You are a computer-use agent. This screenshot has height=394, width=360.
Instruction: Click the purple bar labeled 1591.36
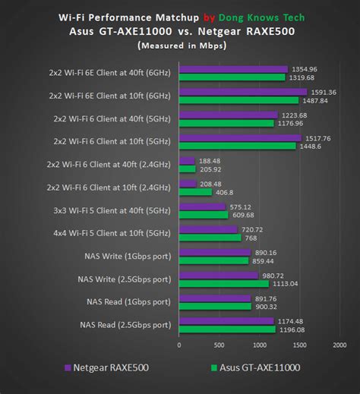click(x=243, y=92)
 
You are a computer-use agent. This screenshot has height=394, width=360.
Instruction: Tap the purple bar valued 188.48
click(x=187, y=161)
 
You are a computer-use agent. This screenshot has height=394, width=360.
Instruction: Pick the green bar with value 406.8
click(x=195, y=192)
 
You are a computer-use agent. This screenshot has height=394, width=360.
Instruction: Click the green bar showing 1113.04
click(x=223, y=283)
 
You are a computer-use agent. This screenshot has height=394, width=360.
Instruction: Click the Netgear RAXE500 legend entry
click(x=106, y=367)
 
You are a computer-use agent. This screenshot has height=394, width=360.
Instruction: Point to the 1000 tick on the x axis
click(x=260, y=345)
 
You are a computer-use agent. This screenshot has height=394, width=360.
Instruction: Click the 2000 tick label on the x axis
click(x=339, y=345)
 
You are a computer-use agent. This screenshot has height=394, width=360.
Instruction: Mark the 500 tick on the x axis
click(x=219, y=345)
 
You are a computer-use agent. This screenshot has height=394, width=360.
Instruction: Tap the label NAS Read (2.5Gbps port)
click(x=125, y=325)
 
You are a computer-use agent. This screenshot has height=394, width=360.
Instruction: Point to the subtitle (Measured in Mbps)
click(x=179, y=45)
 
